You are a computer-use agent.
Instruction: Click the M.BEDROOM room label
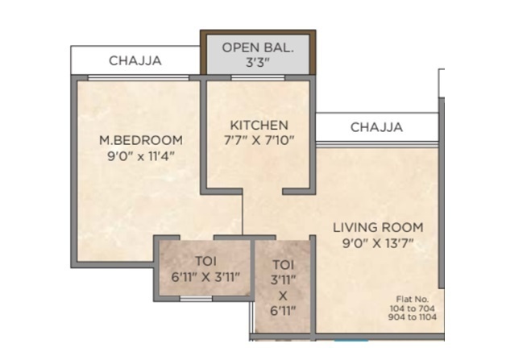[x=141, y=140]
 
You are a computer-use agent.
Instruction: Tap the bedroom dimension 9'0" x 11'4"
[x=141, y=155]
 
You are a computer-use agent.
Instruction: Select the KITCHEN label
[x=259, y=126]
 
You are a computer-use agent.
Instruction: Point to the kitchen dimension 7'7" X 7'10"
[x=259, y=140]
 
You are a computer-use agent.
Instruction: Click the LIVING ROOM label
[x=378, y=227]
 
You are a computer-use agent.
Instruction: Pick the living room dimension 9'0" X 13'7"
[x=378, y=242]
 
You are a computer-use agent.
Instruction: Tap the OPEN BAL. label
[x=258, y=48]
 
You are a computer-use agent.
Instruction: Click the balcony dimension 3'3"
[x=258, y=62]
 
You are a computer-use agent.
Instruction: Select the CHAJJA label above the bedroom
[x=135, y=60]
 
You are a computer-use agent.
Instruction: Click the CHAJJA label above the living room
[x=376, y=127]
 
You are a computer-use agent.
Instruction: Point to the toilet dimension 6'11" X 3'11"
[x=205, y=277]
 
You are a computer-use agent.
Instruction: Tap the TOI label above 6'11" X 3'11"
[x=206, y=261]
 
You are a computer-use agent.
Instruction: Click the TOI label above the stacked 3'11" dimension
[x=283, y=265]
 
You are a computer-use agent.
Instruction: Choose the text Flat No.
[x=413, y=299]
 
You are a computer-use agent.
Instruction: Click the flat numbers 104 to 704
[x=413, y=308]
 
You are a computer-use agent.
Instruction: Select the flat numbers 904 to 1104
[x=413, y=317]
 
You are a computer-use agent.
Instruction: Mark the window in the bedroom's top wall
[x=139, y=78]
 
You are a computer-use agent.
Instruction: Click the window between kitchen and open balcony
[x=258, y=78]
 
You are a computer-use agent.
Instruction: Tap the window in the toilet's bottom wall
[x=196, y=299]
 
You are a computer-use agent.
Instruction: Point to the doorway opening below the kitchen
[x=263, y=192]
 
